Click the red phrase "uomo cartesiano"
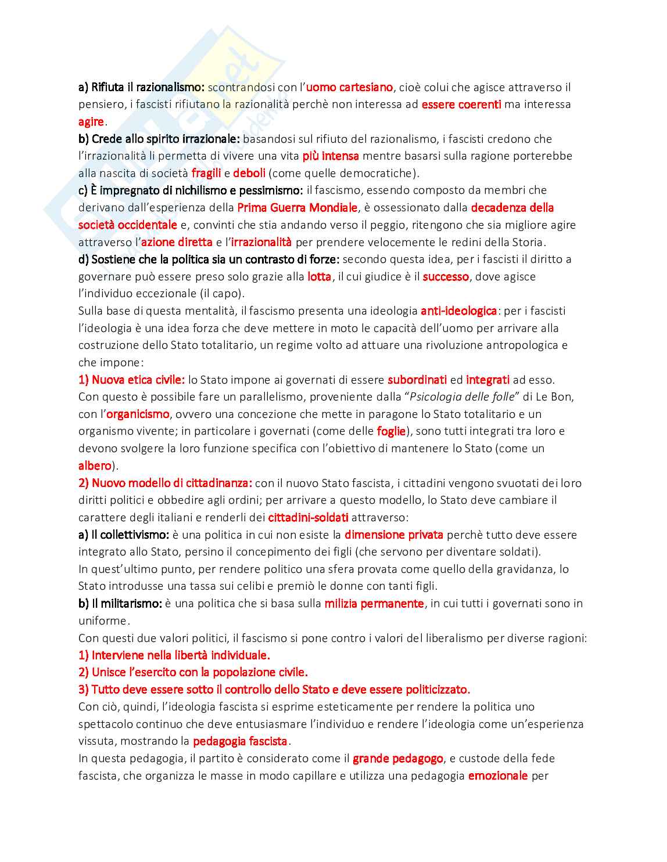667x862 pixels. pyautogui.click(x=349, y=88)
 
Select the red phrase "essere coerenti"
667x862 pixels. pyautogui.click(x=461, y=104)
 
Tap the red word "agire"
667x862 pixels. pyautogui.click(x=91, y=122)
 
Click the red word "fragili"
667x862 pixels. pyautogui.click(x=206, y=173)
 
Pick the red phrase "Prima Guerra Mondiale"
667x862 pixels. pyautogui.click(x=297, y=207)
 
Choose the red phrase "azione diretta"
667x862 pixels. pyautogui.click(x=177, y=242)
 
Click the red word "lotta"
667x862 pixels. pyautogui.click(x=320, y=276)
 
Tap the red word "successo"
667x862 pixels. pyautogui.click(x=446, y=276)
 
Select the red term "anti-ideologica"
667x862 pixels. pyautogui.click(x=458, y=311)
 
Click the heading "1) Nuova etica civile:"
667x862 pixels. pyautogui.click(x=131, y=380)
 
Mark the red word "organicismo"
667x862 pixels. pyautogui.click(x=138, y=414)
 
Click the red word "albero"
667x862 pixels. pyautogui.click(x=95, y=466)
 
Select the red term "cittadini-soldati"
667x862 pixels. pyautogui.click(x=308, y=517)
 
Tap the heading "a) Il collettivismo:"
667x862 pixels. pyautogui.click(x=124, y=535)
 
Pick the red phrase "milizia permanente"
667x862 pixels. pyautogui.click(x=374, y=603)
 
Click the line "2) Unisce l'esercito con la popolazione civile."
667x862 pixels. pyautogui.click(x=193, y=672)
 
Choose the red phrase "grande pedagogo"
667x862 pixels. pyautogui.click(x=398, y=758)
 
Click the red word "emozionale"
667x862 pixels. pyautogui.click(x=498, y=776)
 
